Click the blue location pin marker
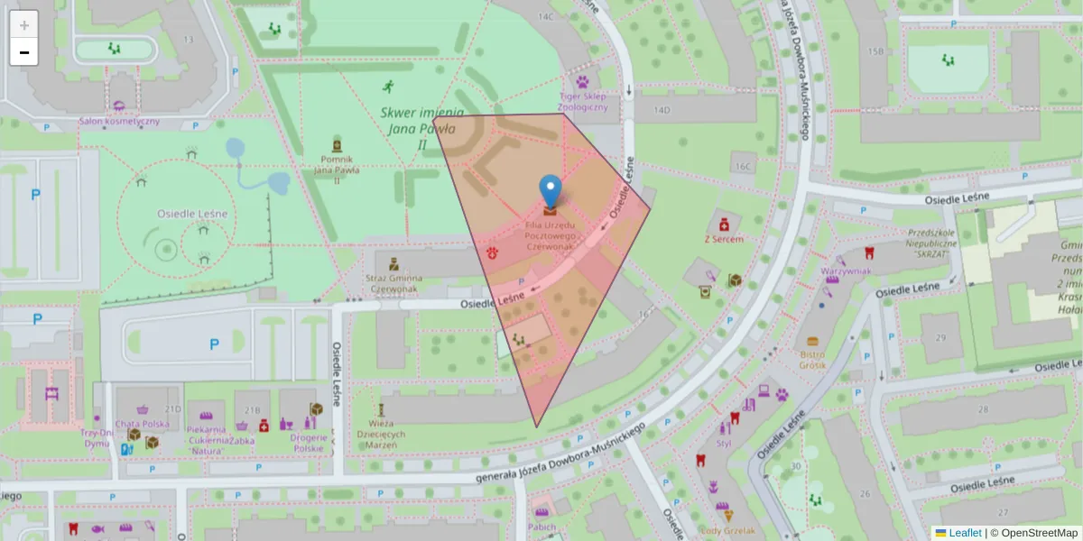[x=550, y=191]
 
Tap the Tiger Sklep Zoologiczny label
[x=583, y=100]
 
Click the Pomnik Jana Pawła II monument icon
[x=338, y=145]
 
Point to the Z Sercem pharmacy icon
[x=724, y=223]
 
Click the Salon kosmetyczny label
[x=120, y=121]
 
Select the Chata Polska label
[x=142, y=424]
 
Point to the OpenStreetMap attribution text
[x=1033, y=533]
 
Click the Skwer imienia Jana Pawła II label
[x=421, y=128]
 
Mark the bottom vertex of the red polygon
[x=537, y=426]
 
